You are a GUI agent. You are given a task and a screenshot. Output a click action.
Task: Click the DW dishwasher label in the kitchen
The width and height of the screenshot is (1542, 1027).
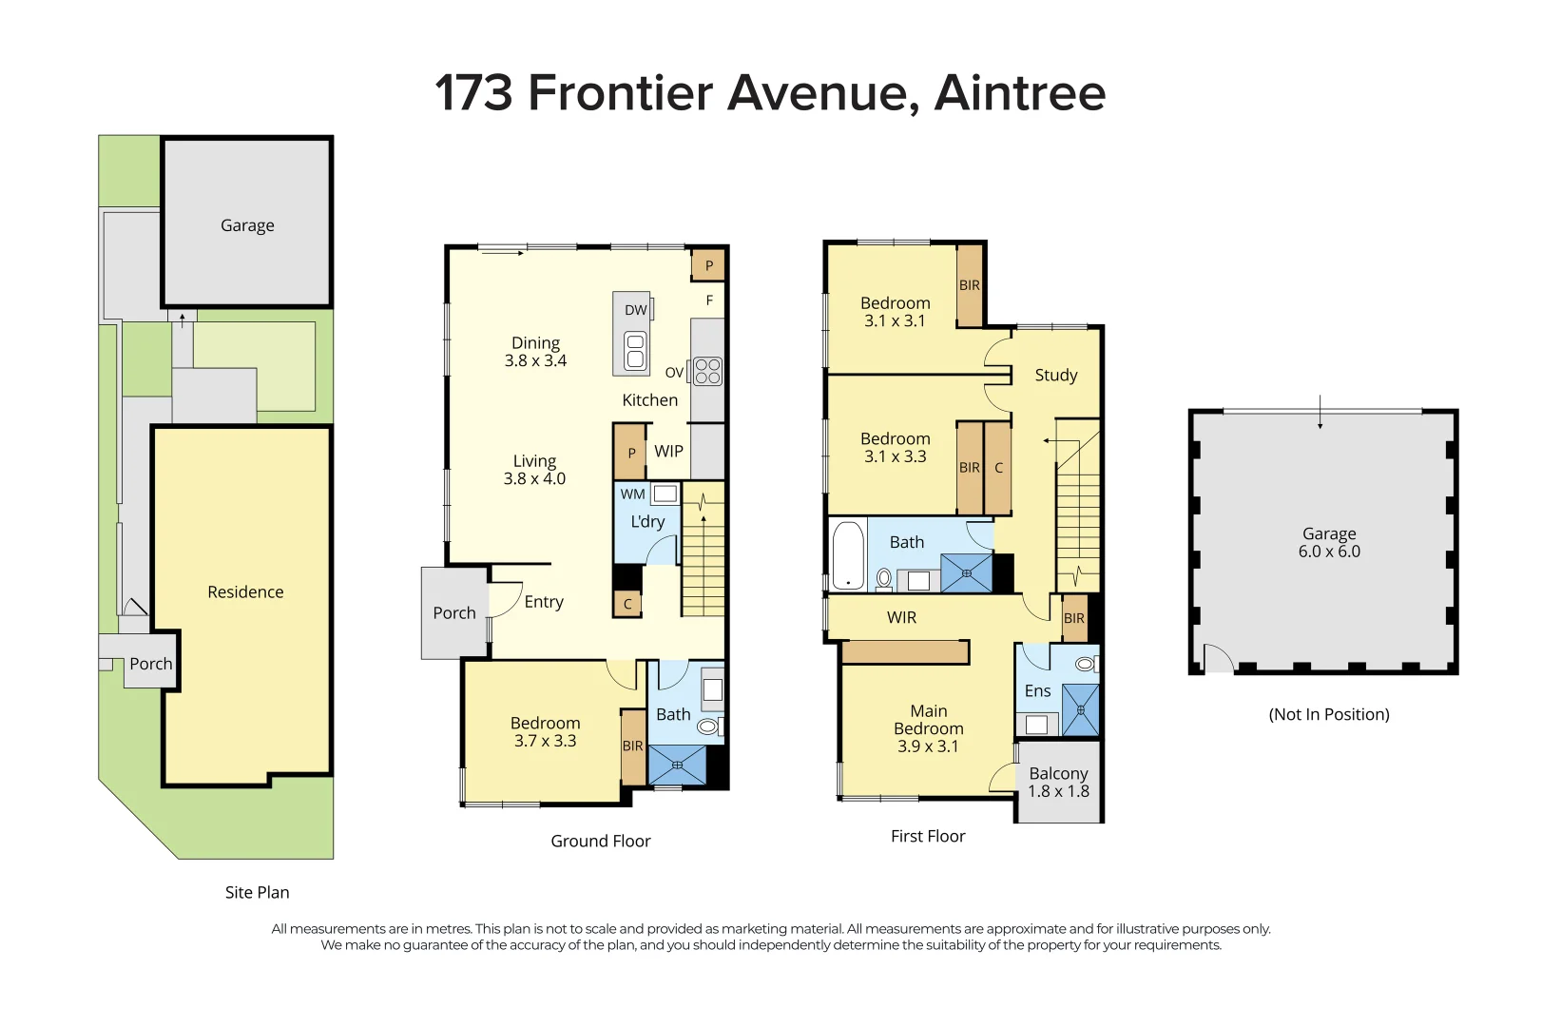pos(635,310)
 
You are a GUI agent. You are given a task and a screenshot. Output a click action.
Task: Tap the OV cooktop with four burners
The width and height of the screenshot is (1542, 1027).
pos(707,371)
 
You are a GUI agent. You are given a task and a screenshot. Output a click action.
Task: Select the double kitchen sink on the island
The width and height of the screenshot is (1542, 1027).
pos(635,351)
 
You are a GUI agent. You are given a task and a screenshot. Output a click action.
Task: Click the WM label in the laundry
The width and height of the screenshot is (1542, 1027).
pos(632,494)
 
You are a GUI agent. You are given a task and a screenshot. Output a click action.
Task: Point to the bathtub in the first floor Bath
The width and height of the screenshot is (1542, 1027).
pos(848,555)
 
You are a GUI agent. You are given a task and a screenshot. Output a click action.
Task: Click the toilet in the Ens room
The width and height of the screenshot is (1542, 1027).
pos(1087,664)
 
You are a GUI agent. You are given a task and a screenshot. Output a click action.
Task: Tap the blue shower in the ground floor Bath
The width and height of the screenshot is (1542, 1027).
pos(678,765)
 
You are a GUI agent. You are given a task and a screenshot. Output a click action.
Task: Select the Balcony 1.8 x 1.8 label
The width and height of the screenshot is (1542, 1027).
pos(1059,783)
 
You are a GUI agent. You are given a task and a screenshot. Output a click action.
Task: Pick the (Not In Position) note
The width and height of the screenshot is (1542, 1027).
pos(1329,714)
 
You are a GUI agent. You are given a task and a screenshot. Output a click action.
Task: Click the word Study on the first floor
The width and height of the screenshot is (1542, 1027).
pos(1056,376)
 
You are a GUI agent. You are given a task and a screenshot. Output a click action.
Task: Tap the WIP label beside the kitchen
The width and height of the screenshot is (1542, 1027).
pos(668,451)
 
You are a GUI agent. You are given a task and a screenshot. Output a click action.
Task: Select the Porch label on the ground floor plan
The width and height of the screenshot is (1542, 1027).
pos(454,613)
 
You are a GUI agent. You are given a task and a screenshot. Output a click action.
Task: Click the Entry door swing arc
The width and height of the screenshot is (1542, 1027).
pos(511,598)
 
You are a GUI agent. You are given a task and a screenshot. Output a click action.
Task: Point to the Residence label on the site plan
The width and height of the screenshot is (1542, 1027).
pos(246,591)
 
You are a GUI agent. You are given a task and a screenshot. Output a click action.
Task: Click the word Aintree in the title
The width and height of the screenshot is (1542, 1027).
pos(1020,93)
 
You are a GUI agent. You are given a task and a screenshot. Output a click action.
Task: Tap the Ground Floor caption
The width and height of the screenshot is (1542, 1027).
pos(600,841)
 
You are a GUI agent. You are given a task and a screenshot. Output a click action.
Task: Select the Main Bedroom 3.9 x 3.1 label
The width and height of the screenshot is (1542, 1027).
pos(929,728)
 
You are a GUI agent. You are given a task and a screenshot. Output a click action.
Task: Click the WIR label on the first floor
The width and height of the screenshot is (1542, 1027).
pos(902,618)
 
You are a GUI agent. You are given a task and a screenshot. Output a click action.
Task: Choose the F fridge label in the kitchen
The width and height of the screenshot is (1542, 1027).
pos(709,300)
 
